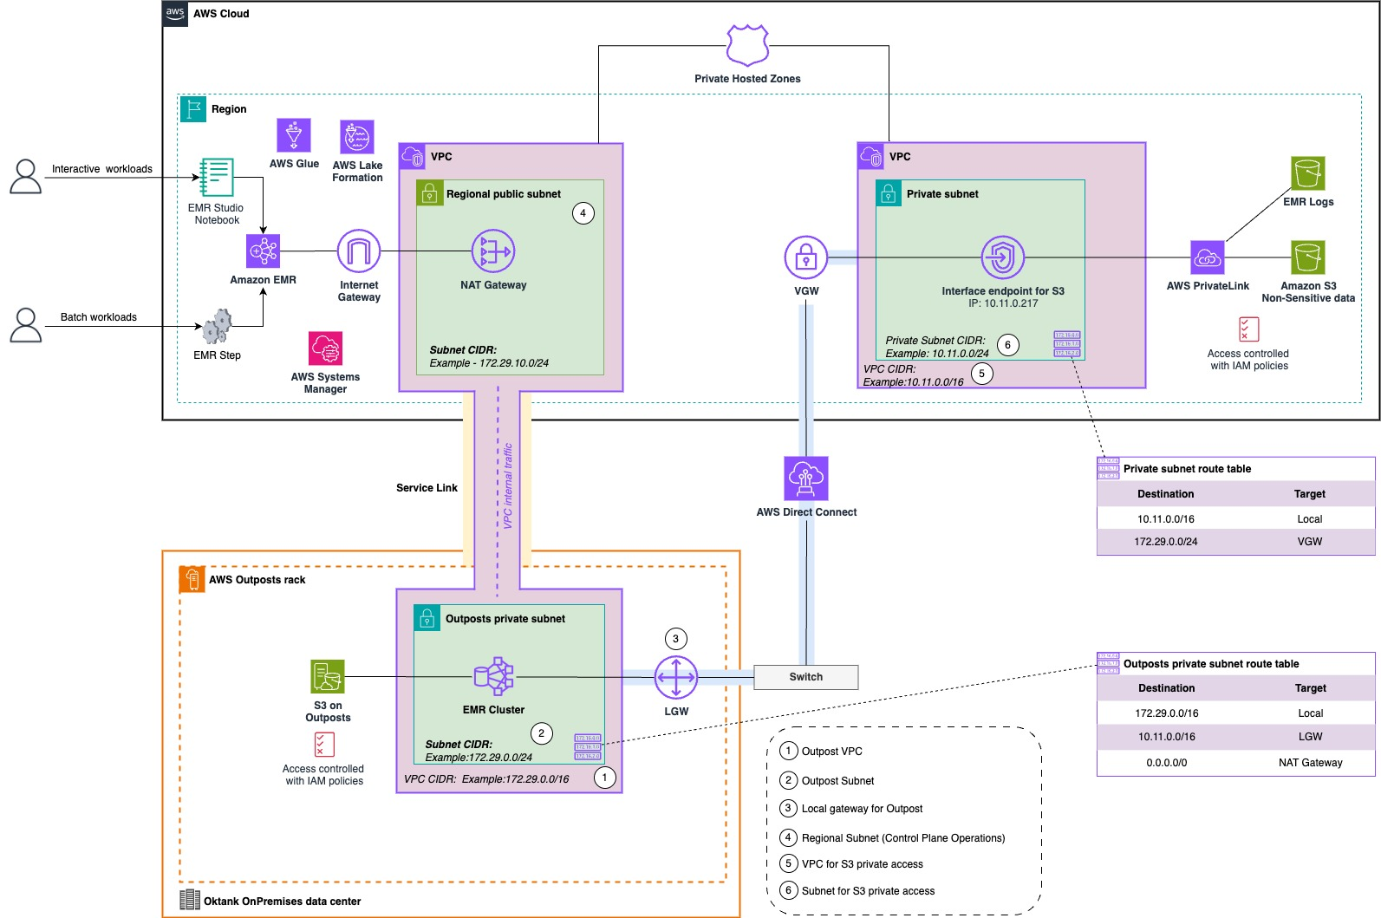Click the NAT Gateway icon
493,251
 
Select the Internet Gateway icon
359,251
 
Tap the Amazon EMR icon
263,251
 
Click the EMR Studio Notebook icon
217,177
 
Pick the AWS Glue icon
294,136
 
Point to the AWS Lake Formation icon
357,137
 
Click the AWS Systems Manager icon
326,348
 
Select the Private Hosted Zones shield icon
747,45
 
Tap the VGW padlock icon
806,257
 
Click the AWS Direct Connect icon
806,479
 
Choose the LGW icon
676,677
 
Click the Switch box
806,677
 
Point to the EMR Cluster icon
494,676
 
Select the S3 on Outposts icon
328,676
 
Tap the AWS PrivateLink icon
1208,257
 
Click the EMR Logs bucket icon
1308,173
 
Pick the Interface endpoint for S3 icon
1003,257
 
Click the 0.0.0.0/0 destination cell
1167,763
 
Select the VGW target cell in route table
1310,542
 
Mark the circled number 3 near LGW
676,639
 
